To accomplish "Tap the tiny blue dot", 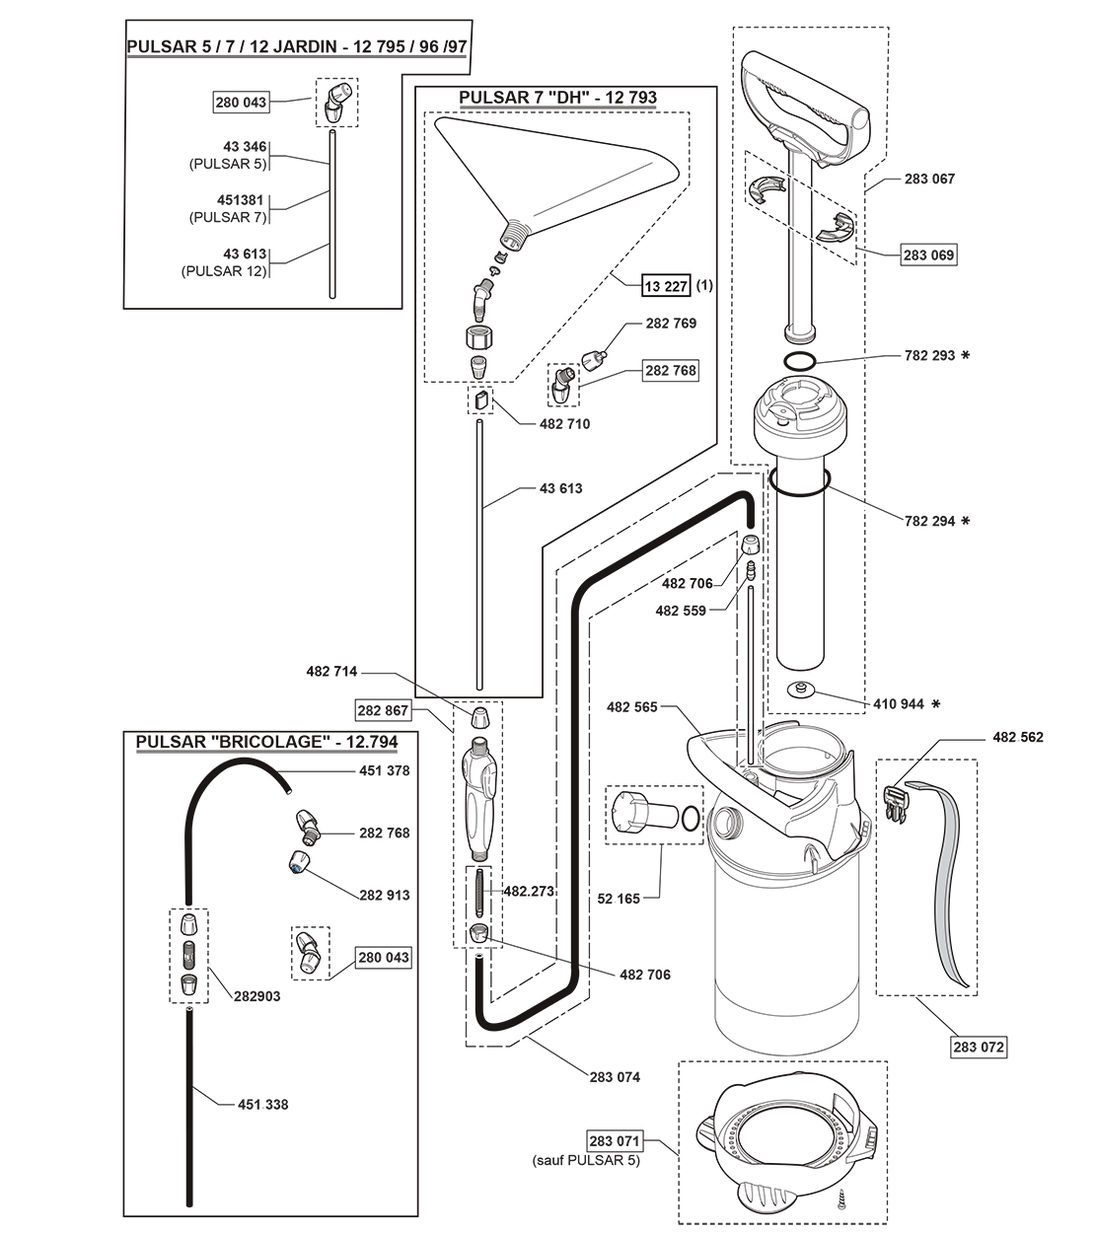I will pyautogui.click(x=295, y=868).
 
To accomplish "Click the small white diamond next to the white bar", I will pyautogui.click(x=200, y=952).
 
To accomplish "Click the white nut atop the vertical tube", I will pyautogui.click(x=750, y=545).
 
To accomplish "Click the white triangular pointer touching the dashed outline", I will pyautogui.click(x=881, y=253).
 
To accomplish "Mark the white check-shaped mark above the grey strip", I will pyautogui.click(x=868, y=688).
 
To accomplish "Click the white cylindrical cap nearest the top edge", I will pyautogui.click(x=342, y=92).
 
